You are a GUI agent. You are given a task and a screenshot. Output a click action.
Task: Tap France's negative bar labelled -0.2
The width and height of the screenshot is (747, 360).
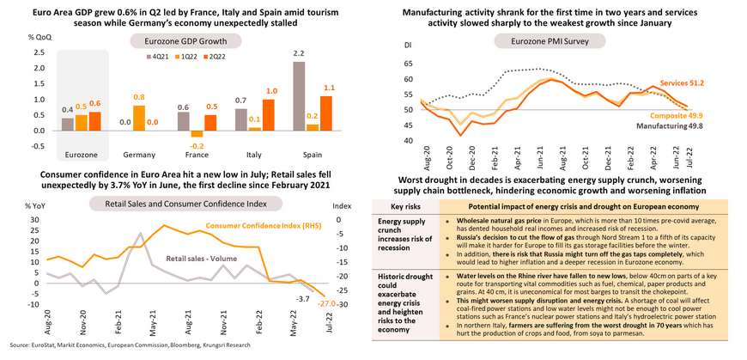point(195,134)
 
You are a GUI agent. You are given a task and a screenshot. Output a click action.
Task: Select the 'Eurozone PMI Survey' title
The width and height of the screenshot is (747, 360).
point(551,40)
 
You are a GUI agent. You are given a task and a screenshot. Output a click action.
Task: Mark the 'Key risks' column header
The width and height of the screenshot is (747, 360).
point(404,207)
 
